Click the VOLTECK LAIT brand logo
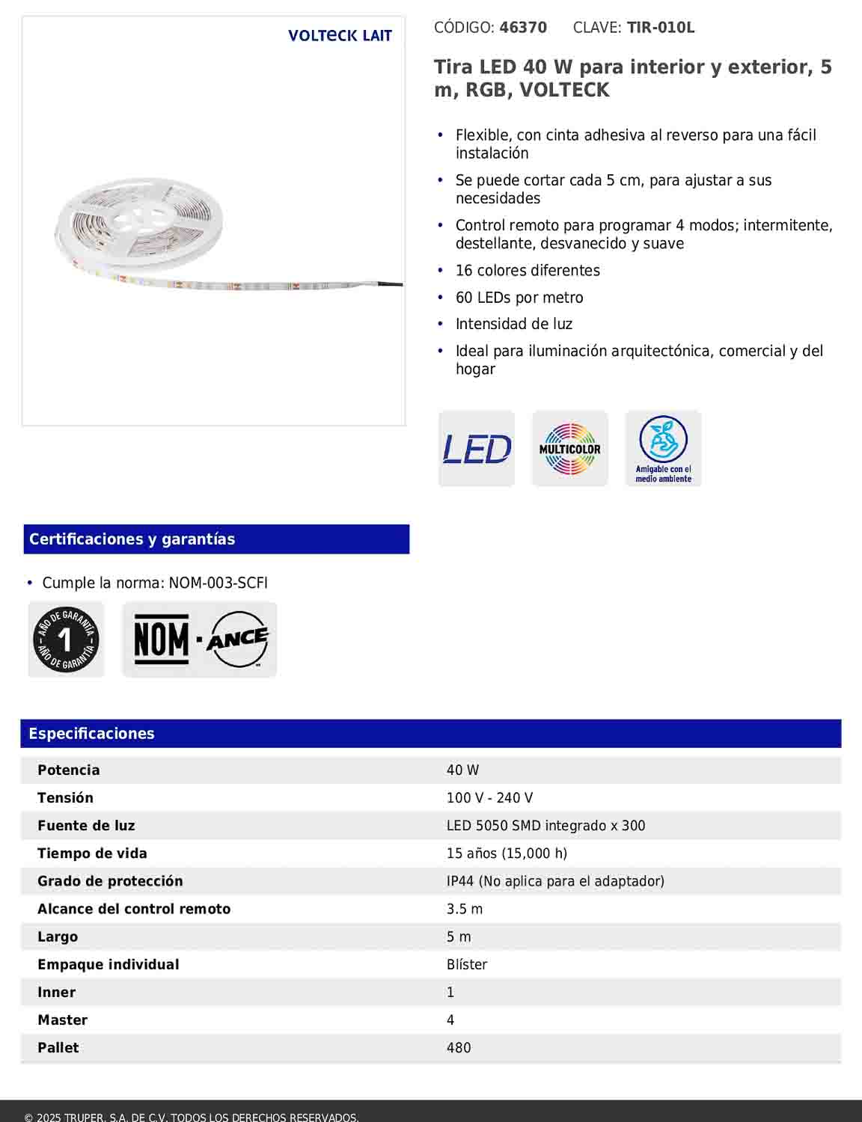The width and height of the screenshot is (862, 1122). click(340, 36)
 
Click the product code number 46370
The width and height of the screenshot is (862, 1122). click(523, 28)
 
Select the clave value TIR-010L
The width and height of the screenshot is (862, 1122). click(661, 28)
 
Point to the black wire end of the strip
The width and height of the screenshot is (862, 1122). click(391, 284)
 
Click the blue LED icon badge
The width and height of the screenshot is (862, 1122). click(477, 449)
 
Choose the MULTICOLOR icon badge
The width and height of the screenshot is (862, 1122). click(569, 449)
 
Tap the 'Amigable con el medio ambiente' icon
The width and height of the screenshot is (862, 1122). click(663, 449)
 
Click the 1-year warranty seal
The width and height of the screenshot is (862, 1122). click(66, 640)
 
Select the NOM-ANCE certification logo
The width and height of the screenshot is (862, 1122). click(200, 640)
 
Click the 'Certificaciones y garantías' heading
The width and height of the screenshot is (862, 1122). click(132, 539)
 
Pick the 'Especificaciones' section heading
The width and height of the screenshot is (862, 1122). click(91, 734)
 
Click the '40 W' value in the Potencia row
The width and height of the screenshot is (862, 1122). click(462, 770)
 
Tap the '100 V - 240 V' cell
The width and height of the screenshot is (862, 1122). click(489, 798)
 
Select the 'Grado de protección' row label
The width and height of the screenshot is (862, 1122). click(110, 881)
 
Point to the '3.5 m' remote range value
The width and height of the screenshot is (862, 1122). click(465, 909)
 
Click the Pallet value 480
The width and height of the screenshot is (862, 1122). click(459, 1048)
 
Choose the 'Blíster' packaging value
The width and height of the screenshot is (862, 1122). click(467, 965)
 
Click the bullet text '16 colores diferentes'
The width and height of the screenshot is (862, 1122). click(528, 271)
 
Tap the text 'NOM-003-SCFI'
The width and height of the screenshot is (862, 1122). click(218, 583)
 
